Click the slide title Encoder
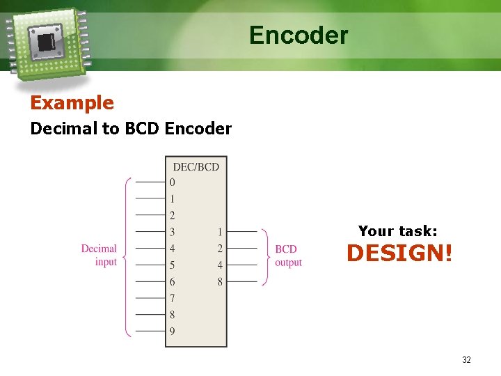pyautogui.click(x=299, y=35)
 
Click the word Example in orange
pyautogui.click(x=72, y=103)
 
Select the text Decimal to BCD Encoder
pyautogui.click(x=131, y=129)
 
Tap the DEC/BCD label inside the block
pyautogui.click(x=196, y=166)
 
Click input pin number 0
pyautogui.click(x=172, y=182)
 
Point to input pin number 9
pyautogui.click(x=172, y=331)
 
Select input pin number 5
pyautogui.click(x=172, y=265)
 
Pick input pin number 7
pyautogui.click(x=172, y=298)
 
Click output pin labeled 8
pyautogui.click(x=220, y=282)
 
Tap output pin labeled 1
pyautogui.click(x=220, y=232)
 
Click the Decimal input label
pyautogui.click(x=99, y=255)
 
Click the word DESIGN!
pyautogui.click(x=399, y=253)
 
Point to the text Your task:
pyautogui.click(x=397, y=231)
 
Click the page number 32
pyautogui.click(x=466, y=360)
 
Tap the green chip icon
pyautogui.click(x=47, y=42)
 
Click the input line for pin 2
pyautogui.click(x=150, y=215)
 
